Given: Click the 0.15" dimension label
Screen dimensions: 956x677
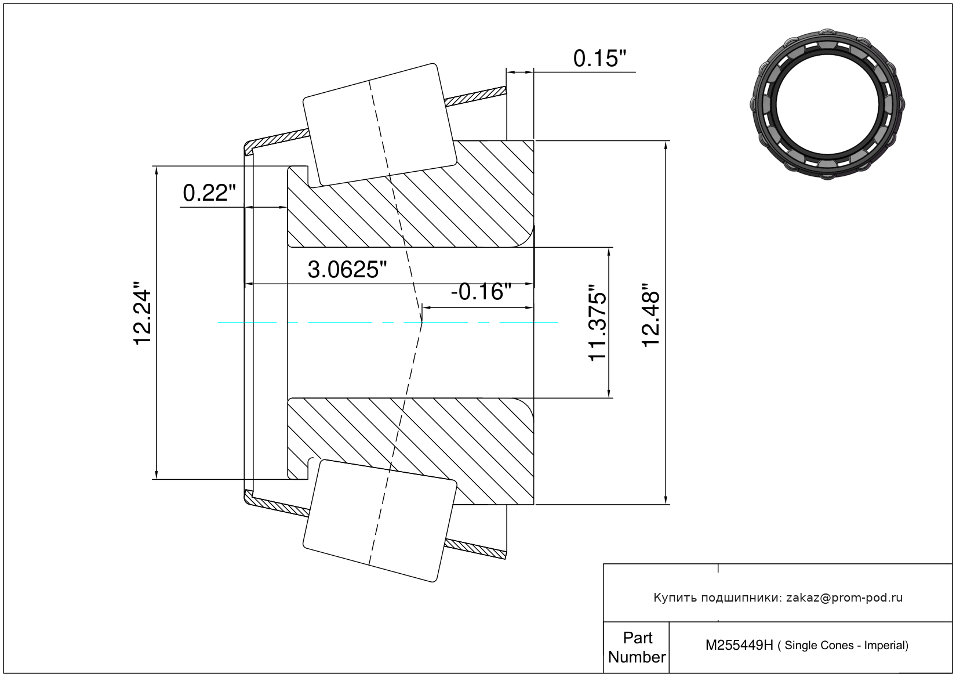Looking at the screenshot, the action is pyautogui.click(x=599, y=59).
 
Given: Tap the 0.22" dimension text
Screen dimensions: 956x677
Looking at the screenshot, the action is pyautogui.click(x=209, y=193).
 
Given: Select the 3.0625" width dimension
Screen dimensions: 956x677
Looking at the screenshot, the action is pyautogui.click(x=347, y=270).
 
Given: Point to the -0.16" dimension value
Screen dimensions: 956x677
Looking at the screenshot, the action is pyautogui.click(x=481, y=292).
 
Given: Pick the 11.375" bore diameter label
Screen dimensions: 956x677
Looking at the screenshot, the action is pyautogui.click(x=598, y=323).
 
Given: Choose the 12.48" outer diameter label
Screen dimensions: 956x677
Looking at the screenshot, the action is pyautogui.click(x=651, y=315).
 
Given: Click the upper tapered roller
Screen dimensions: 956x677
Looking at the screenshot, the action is pyautogui.click(x=380, y=125).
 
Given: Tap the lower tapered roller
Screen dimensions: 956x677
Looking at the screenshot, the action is pyautogui.click(x=380, y=521).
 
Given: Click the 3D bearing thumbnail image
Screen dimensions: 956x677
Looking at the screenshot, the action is pyautogui.click(x=827, y=104).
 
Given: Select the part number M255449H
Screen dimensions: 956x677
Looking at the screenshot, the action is pyautogui.click(x=739, y=645).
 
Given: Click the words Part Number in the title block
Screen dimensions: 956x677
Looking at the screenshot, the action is pyautogui.click(x=637, y=647).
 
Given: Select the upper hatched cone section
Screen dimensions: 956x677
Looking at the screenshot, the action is pyautogui.click(x=410, y=194).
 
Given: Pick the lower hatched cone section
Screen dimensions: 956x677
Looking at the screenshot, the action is pyautogui.click(x=410, y=451).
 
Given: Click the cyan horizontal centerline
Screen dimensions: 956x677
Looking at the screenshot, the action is pyautogui.click(x=388, y=323).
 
